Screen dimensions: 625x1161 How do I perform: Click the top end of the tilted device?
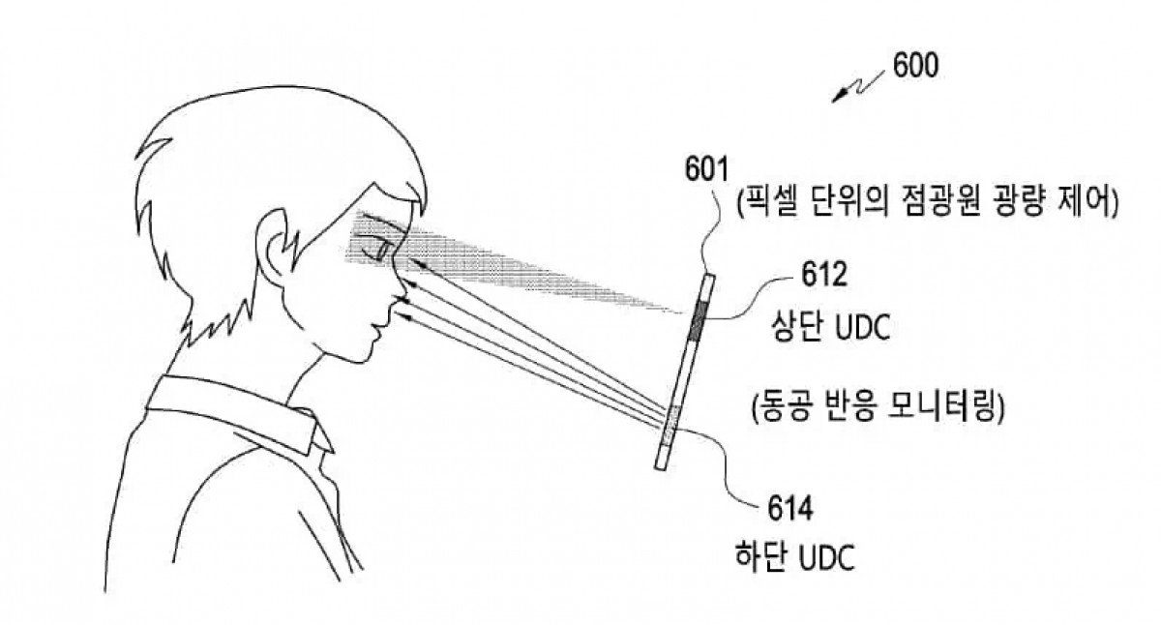(710, 278)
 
